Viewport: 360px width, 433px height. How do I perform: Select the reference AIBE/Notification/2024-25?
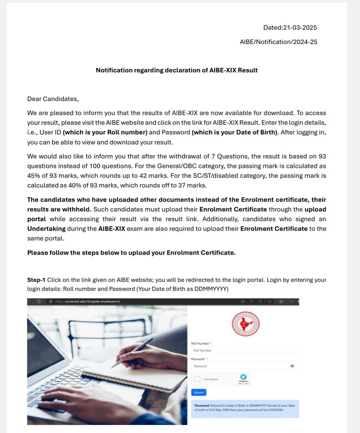pyautogui.click(x=278, y=42)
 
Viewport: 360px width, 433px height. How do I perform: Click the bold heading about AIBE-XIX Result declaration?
pyautogui.click(x=177, y=70)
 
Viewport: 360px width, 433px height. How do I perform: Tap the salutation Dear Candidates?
pyautogui.click(x=53, y=99)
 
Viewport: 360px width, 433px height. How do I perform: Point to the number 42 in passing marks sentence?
pyautogui.click(x=143, y=176)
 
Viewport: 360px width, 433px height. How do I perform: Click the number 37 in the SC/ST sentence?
pyautogui.click(x=182, y=185)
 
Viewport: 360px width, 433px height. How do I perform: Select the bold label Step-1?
pyautogui.click(x=36, y=280)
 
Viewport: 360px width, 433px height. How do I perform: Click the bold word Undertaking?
pyautogui.click(x=46, y=229)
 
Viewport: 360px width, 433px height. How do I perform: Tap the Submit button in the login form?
pyautogui.click(x=199, y=392)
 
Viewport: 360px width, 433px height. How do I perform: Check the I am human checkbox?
pyautogui.click(x=197, y=379)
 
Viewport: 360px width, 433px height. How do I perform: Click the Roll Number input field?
pyautogui.click(x=245, y=350)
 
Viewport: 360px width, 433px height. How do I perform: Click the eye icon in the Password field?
pyautogui.click(x=292, y=366)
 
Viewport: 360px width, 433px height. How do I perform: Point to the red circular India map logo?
pyautogui.click(x=246, y=324)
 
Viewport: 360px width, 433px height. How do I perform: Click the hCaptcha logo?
pyautogui.click(x=243, y=377)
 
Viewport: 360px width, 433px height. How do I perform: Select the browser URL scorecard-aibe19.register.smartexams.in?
pyautogui.click(x=88, y=301)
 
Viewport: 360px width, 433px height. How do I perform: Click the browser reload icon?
pyautogui.click(x=39, y=301)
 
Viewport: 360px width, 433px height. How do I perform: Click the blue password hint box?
pyautogui.click(x=245, y=408)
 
